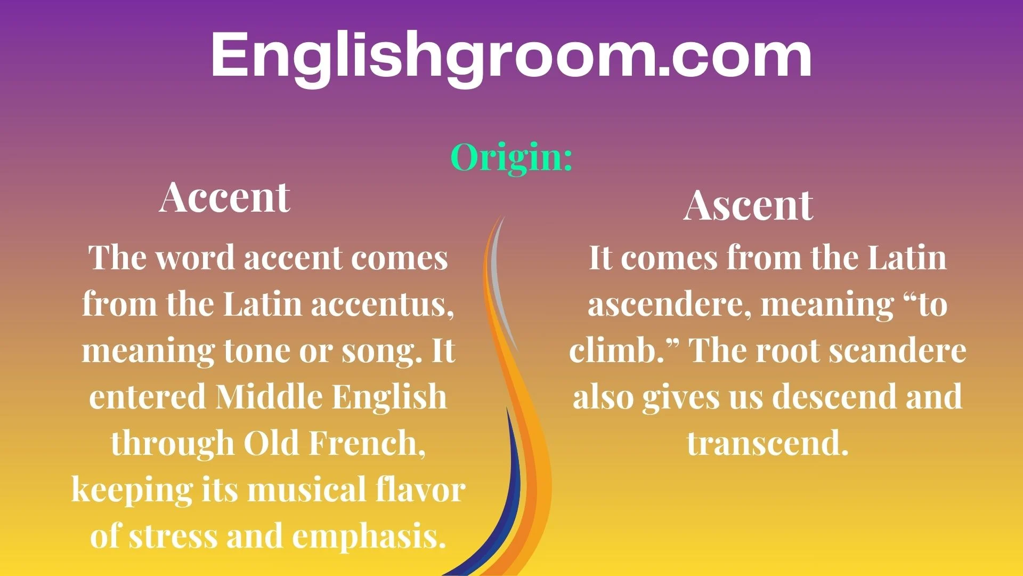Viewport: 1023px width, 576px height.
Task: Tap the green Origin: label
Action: pos(511,158)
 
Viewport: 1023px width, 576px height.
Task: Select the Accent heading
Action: pos(224,197)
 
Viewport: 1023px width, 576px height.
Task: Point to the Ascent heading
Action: pos(748,206)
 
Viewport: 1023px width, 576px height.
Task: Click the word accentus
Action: pos(382,305)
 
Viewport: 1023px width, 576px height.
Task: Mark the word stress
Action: pos(173,536)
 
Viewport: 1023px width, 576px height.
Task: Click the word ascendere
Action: pos(664,305)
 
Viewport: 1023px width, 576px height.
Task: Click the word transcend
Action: pos(767,443)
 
